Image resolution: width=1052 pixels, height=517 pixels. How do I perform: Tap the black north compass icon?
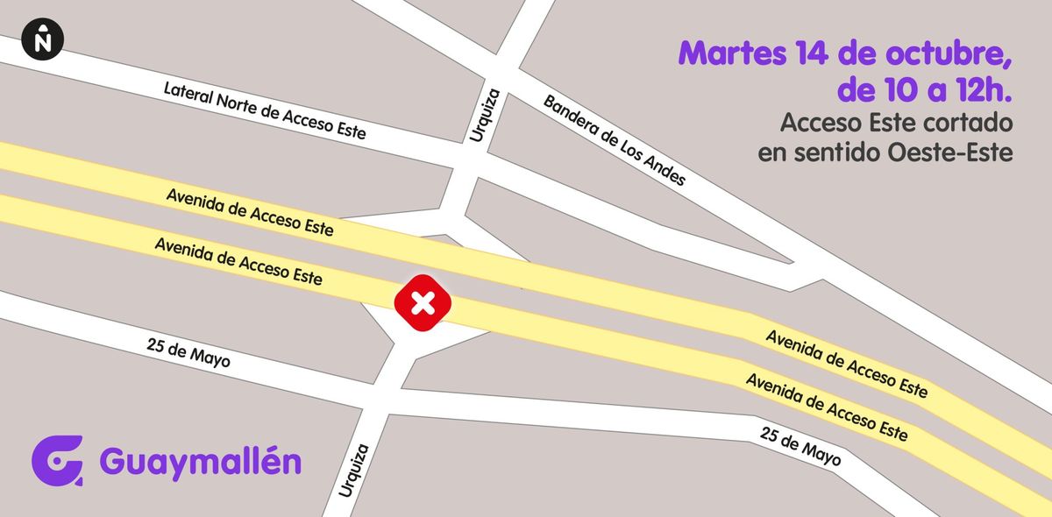[43, 39]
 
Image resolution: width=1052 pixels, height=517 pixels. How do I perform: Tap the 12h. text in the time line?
[981, 89]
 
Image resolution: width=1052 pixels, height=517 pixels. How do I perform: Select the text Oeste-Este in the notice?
[950, 152]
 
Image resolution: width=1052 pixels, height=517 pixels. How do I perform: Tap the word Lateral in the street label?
[188, 94]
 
